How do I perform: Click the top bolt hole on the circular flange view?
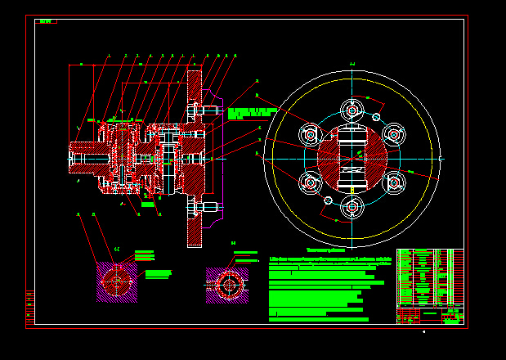352,110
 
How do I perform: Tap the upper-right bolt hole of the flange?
394,133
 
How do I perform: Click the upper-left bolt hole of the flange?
310,133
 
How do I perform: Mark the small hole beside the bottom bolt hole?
329,200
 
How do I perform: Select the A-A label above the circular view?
352,63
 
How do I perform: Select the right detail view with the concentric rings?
226,285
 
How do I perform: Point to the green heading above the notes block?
325,250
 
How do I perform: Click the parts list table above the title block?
429,277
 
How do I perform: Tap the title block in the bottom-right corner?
429,316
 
